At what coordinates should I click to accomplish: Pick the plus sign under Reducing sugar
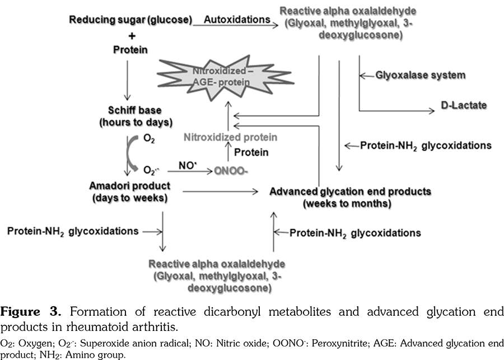(132, 35)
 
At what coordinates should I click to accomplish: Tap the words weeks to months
(347, 203)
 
